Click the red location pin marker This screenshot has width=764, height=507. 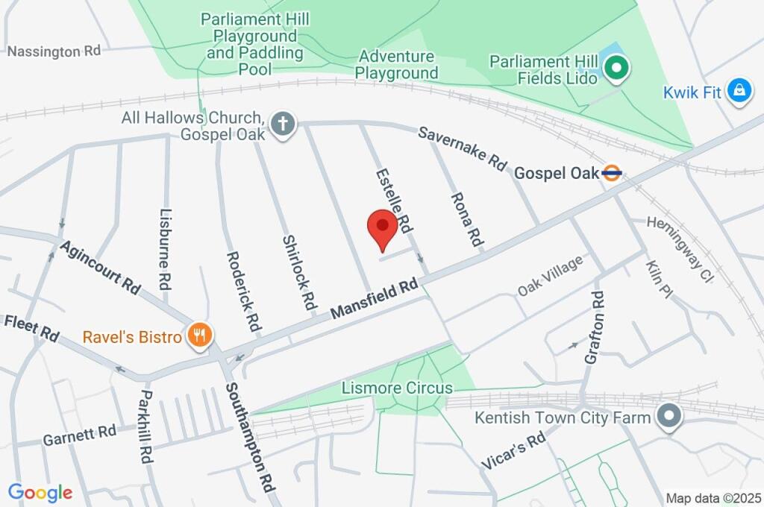(383, 228)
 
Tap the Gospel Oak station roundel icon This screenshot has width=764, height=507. (612, 173)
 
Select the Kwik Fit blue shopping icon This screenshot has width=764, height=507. (739, 92)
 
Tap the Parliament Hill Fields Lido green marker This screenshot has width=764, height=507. (617, 71)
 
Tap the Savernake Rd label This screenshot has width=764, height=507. (462, 149)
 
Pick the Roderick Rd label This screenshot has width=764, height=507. (244, 292)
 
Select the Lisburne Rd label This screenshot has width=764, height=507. (166, 248)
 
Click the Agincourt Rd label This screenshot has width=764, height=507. (101, 266)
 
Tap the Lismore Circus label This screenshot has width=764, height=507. (397, 388)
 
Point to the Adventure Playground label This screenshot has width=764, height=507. (396, 65)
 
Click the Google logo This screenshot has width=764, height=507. (40, 492)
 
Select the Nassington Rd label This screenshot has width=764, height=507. (53, 51)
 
